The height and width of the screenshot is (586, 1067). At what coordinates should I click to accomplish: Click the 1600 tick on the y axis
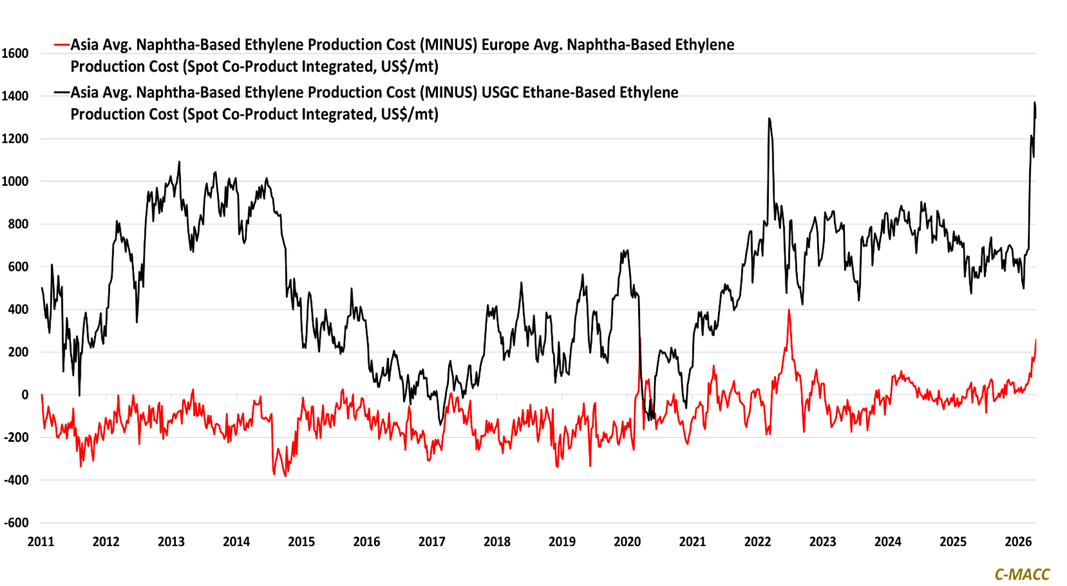click(x=15, y=54)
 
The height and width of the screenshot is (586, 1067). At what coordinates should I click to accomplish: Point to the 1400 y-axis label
click(x=15, y=96)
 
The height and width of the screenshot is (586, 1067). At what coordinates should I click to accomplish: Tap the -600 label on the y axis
click(x=16, y=523)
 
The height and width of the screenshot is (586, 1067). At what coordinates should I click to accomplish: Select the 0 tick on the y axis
click(x=25, y=395)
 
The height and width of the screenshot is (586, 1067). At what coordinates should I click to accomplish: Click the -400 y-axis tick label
click(x=16, y=480)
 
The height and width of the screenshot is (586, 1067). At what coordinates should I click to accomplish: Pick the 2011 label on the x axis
click(x=41, y=541)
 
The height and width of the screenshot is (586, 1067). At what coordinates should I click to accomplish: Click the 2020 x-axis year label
click(x=627, y=541)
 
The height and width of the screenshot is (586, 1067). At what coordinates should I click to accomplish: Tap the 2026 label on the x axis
click(x=1018, y=541)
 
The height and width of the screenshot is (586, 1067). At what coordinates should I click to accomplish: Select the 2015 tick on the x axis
click(x=301, y=541)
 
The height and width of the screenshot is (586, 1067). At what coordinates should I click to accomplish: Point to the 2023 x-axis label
click(x=822, y=541)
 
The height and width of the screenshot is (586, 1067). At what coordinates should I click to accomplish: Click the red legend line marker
click(x=62, y=45)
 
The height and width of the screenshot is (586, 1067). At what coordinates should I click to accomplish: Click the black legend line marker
click(x=62, y=92)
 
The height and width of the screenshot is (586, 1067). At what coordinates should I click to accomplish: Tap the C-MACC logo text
click(x=1022, y=574)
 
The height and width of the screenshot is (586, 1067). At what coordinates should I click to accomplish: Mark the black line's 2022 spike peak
click(x=769, y=119)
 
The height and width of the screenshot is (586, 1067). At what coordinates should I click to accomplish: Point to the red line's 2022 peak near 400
click(x=789, y=310)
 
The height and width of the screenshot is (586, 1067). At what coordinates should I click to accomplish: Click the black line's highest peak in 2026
click(x=1034, y=103)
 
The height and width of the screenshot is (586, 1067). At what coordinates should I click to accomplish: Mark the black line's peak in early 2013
click(x=179, y=162)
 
